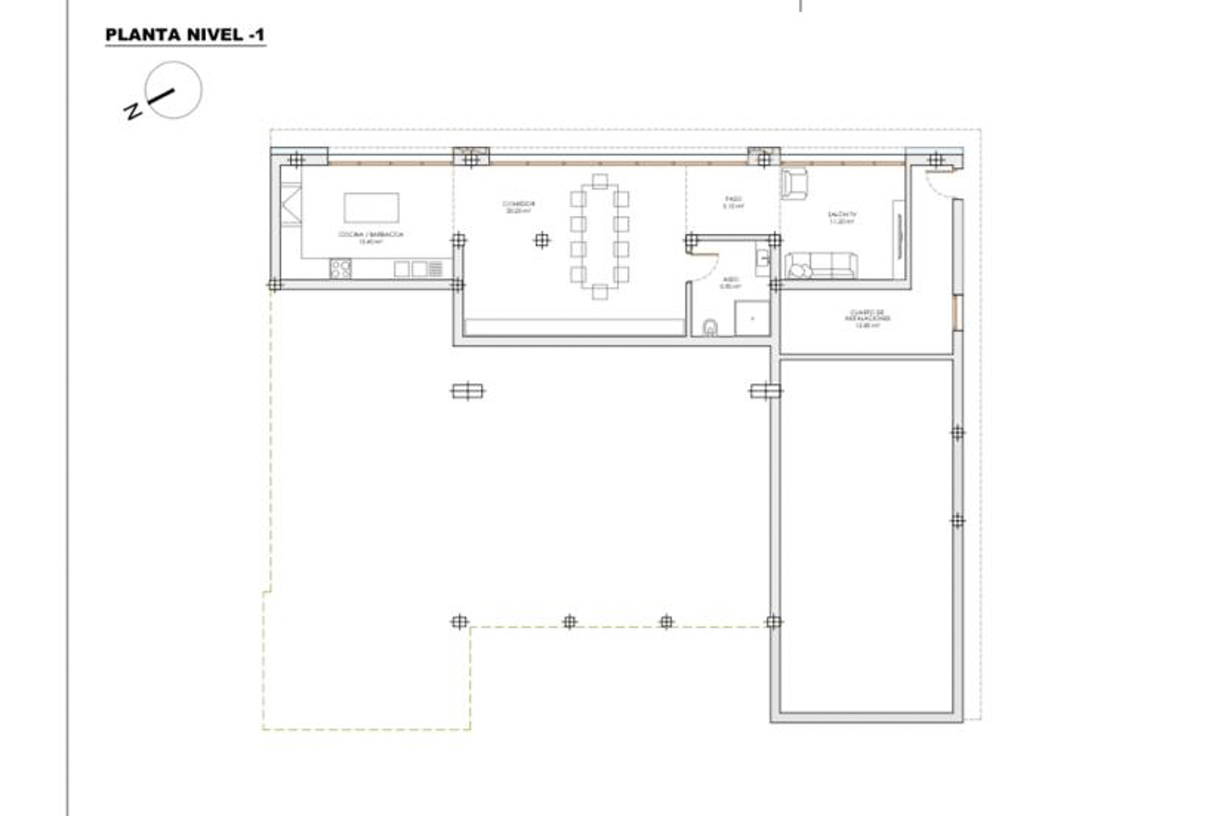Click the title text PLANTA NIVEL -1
tap(184, 35)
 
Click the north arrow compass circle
tap(174, 90)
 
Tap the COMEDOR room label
tap(519, 206)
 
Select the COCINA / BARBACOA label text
tap(371, 237)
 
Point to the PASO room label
tap(733, 202)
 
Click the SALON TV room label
tap(842, 218)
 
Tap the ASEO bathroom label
tap(730, 283)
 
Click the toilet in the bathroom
tap(710, 327)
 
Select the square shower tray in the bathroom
tap(752, 318)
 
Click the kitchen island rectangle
tap(372, 207)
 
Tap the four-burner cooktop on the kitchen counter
tap(341, 268)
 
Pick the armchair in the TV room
tap(794, 184)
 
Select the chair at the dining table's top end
tap(600, 181)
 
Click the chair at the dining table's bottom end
tap(600, 292)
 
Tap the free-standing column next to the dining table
tap(542, 240)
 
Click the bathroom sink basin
tap(762, 261)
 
